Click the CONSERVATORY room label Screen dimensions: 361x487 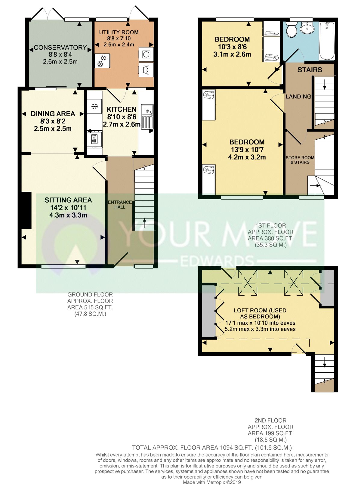tap(60, 48)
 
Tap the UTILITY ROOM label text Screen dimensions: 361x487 tap(119, 32)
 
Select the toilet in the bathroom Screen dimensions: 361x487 tap(292, 30)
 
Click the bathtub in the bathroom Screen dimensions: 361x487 tap(327, 41)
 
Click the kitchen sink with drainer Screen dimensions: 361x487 tap(147, 117)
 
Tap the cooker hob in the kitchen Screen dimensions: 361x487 tap(94, 139)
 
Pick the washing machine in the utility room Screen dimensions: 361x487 tap(146, 54)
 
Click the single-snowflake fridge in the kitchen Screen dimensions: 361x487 tap(94, 107)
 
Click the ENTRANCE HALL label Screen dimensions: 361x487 tap(120, 204)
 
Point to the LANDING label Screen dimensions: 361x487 tap(298, 96)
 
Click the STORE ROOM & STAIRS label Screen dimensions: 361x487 tap(300, 160)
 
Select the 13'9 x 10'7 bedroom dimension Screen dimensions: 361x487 tap(247, 150)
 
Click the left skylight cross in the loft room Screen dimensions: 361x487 tap(248, 283)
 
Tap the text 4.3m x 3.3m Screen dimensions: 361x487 tap(68, 215)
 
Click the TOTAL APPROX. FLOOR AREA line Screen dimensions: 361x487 tap(212, 448)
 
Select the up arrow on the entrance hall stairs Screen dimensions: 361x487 tap(144, 223)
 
